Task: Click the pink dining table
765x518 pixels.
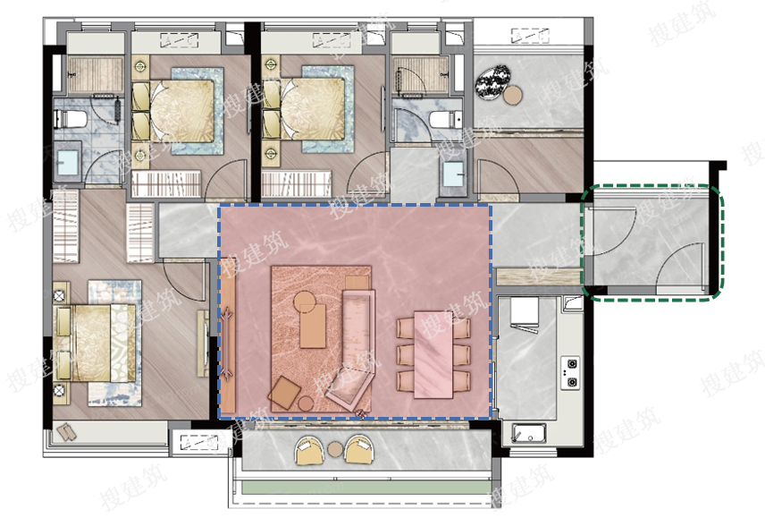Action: pyautogui.click(x=433, y=355)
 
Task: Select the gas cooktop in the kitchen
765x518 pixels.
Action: pyautogui.click(x=570, y=372)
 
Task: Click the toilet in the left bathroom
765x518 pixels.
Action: pyautogui.click(x=71, y=119)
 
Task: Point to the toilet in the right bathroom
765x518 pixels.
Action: pyautogui.click(x=446, y=119)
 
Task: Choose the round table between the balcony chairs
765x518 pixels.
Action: pyautogui.click(x=336, y=448)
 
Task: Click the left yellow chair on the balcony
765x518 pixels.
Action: pyautogui.click(x=309, y=449)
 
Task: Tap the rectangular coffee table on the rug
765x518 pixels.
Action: pyautogui.click(x=313, y=325)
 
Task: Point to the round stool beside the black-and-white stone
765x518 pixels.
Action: pyautogui.click(x=513, y=95)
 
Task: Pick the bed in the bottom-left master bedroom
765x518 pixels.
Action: pyautogui.click(x=95, y=342)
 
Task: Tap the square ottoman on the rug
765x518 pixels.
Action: pyautogui.click(x=284, y=393)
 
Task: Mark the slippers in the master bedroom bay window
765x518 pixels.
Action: pyautogui.click(x=67, y=433)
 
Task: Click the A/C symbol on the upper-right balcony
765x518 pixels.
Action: pyautogui.click(x=530, y=35)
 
